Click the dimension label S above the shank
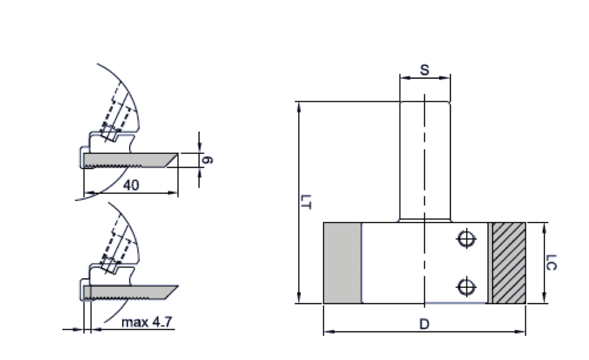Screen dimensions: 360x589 (424, 70)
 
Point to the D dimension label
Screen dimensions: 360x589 (423, 325)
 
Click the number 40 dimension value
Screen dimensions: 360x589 (131, 185)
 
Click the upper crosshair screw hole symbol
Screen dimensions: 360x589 (466, 239)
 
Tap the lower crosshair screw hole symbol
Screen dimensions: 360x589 (466, 287)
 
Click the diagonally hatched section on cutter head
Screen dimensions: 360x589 (509, 263)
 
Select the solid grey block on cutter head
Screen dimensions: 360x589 (342, 263)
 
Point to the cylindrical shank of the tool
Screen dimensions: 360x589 (424, 161)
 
